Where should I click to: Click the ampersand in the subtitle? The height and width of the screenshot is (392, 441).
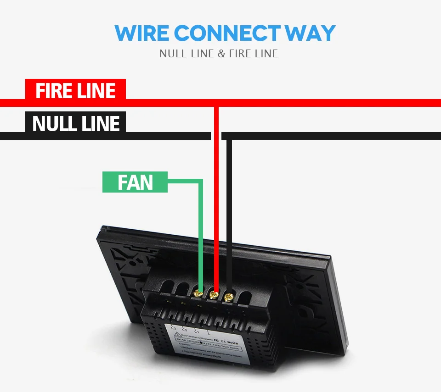221,54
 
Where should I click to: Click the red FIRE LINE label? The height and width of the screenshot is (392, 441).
75,90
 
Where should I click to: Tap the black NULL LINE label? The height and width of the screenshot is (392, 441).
76,124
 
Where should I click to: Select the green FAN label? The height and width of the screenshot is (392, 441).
135,182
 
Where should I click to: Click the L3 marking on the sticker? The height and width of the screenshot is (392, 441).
174,327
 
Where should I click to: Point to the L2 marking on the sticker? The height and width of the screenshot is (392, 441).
184,329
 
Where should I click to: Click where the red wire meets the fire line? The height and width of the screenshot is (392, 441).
216,103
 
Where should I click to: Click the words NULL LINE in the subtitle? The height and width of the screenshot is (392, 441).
187,54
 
